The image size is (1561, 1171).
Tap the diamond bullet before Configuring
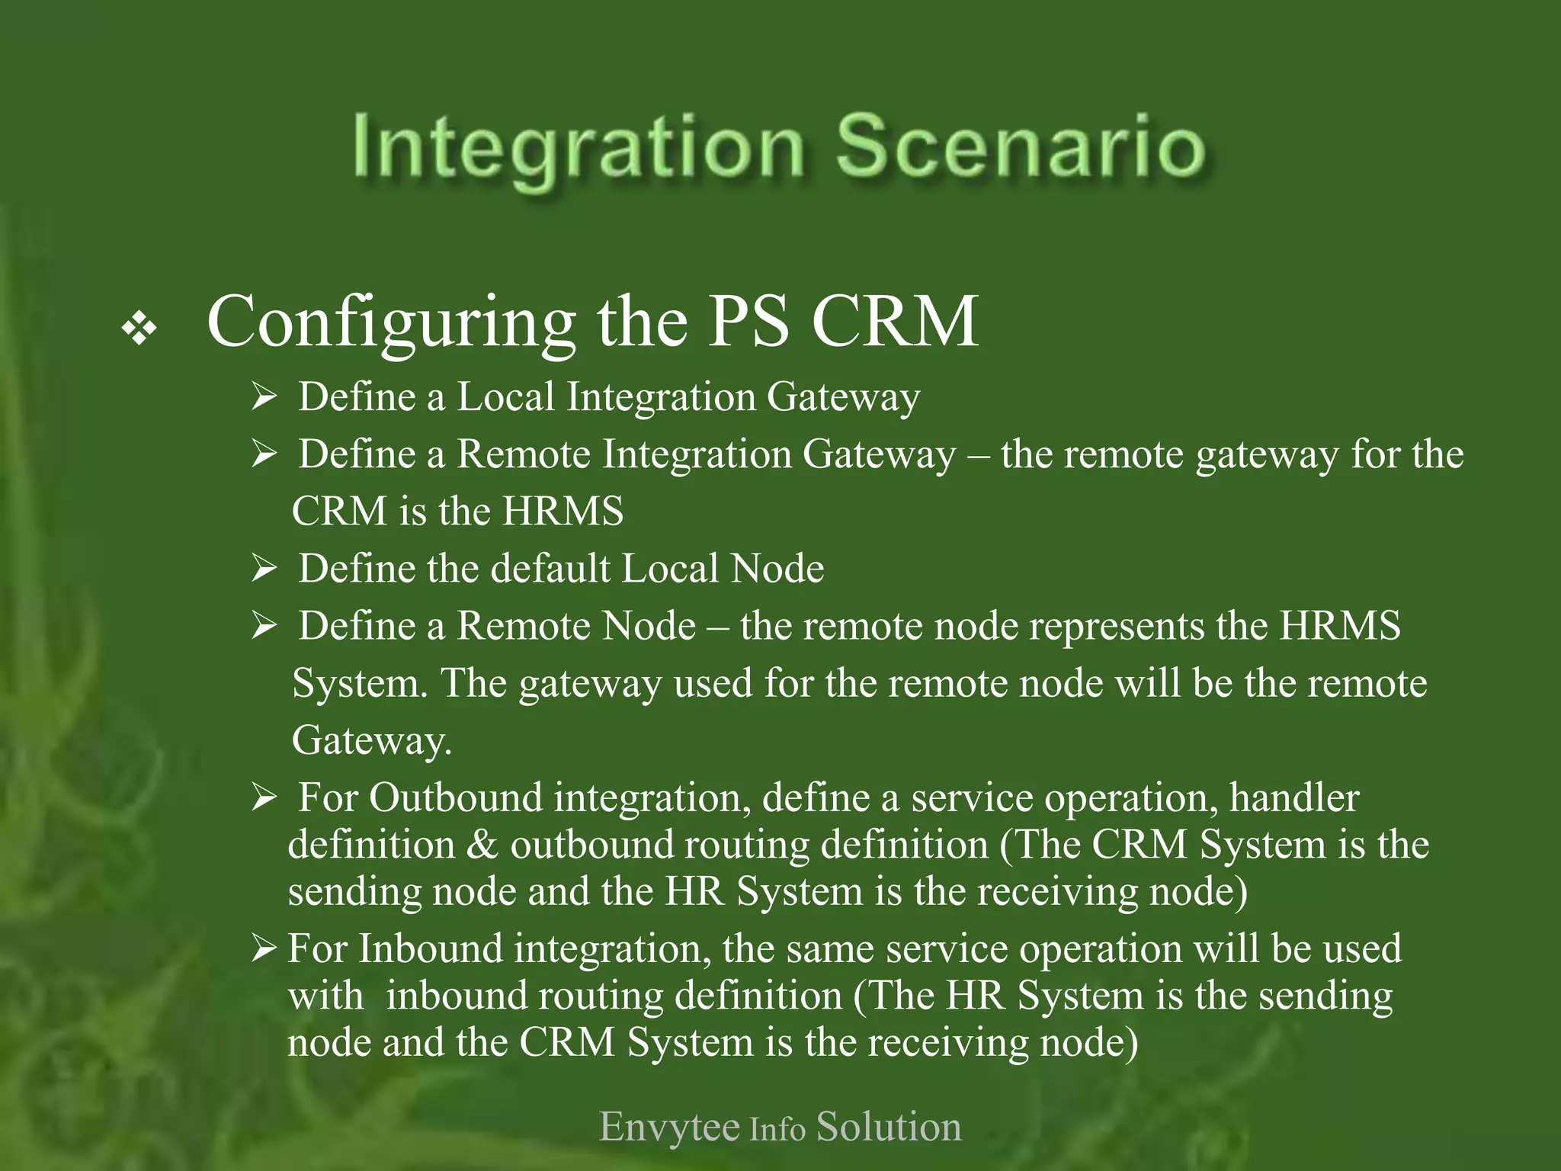tap(139, 329)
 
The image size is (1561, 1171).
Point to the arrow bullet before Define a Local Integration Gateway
tap(264, 397)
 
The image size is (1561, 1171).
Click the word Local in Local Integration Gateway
tap(505, 397)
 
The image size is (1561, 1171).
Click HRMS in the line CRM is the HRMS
tap(563, 511)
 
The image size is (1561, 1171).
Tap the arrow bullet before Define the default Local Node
tap(264, 569)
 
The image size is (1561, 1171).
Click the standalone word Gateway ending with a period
tap(372, 740)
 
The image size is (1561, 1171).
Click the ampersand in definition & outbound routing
tap(482, 845)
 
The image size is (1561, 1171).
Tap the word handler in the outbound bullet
tap(1293, 798)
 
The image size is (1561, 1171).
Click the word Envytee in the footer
tap(669, 1127)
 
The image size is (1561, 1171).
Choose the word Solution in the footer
tap(889, 1127)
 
